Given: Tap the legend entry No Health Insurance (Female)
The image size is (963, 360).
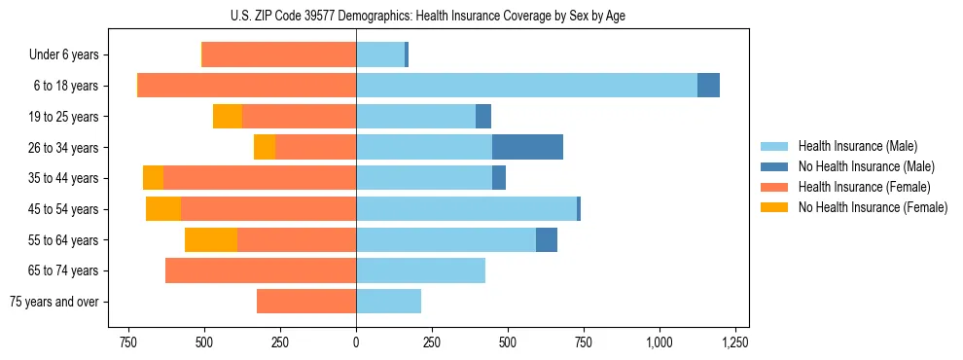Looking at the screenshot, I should pyautogui.click(x=872, y=207).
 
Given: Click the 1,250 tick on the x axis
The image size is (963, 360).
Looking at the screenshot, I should pyautogui.click(x=735, y=342).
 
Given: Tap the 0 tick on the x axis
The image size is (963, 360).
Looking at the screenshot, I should pyautogui.click(x=356, y=342).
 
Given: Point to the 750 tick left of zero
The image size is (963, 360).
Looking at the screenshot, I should pyautogui.click(x=127, y=342).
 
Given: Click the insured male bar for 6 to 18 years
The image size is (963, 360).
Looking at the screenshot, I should pyautogui.click(x=526, y=86).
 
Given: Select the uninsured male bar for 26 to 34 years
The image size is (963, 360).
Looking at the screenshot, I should pyautogui.click(x=527, y=147).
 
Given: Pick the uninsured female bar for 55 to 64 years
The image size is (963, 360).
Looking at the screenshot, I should pyautogui.click(x=211, y=239).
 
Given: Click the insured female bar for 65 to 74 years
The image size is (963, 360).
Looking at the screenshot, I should pyautogui.click(x=261, y=270).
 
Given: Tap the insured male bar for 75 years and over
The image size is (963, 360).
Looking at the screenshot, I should pyautogui.click(x=388, y=302).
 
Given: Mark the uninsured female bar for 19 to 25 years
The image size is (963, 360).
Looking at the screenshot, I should pyautogui.click(x=228, y=117).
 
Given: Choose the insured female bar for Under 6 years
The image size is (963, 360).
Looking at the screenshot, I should pyautogui.click(x=279, y=55).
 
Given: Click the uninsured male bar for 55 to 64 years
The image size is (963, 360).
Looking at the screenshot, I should pyautogui.click(x=547, y=239).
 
